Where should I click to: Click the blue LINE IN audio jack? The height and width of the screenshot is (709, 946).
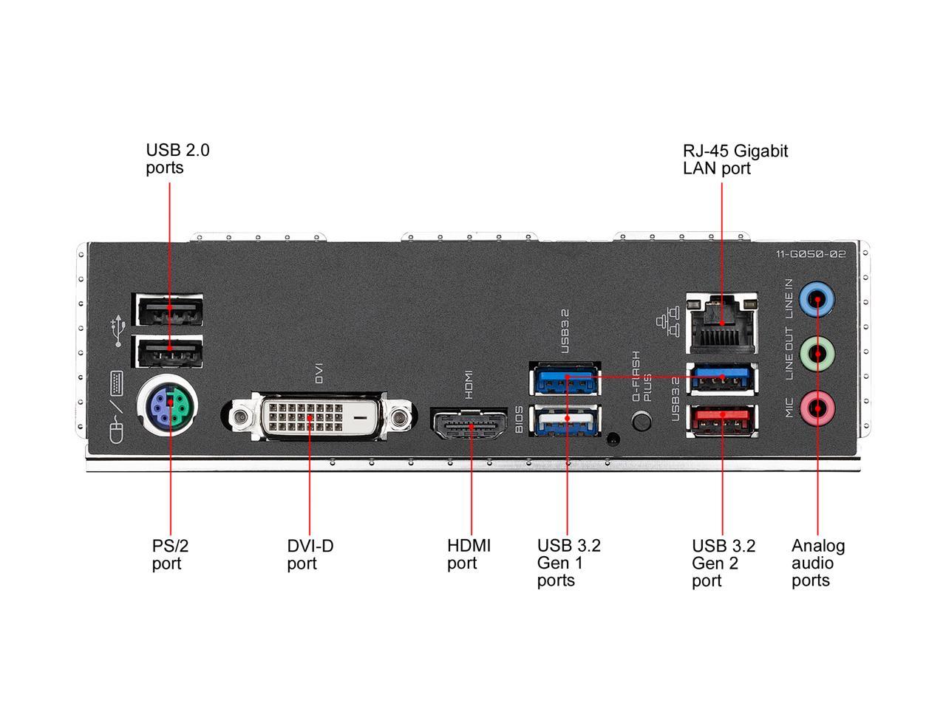(817, 299)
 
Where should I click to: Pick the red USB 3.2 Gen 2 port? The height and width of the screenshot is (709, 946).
(721, 421)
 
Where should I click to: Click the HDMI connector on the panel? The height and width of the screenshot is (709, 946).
(469, 425)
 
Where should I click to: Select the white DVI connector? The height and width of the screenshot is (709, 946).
(318, 418)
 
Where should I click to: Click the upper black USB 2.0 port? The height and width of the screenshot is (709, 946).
(169, 311)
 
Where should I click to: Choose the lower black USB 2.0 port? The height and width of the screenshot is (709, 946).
(169, 351)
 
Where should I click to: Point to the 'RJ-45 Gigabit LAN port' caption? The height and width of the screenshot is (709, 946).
(735, 160)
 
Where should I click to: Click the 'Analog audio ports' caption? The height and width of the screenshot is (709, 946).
(817, 563)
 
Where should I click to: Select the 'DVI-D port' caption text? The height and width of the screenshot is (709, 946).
(310, 555)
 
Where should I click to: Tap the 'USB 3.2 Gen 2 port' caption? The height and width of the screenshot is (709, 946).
(723, 563)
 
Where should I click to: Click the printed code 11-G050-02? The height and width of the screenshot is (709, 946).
(811, 254)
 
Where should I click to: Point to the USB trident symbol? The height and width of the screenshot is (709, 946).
(116, 332)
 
